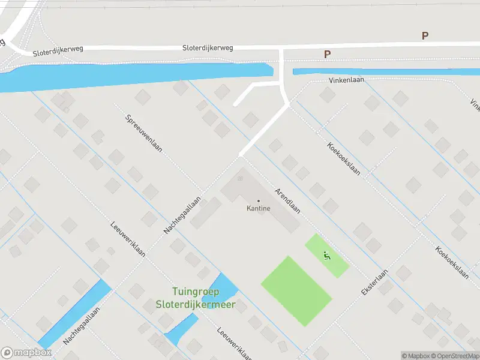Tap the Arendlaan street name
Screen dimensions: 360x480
287,200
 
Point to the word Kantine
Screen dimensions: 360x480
259,209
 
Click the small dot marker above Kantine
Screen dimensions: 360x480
259,201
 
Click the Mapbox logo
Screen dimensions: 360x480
25,353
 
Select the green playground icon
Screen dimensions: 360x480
327,256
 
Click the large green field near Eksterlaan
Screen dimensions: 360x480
296,291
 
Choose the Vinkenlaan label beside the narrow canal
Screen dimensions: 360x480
347,80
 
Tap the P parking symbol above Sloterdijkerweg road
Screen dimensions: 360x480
425,36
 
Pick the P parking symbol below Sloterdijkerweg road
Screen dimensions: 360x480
328,55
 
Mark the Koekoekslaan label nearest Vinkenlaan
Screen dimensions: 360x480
344,158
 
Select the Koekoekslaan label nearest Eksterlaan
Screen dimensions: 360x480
452,263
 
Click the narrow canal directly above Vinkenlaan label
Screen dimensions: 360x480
384,72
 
